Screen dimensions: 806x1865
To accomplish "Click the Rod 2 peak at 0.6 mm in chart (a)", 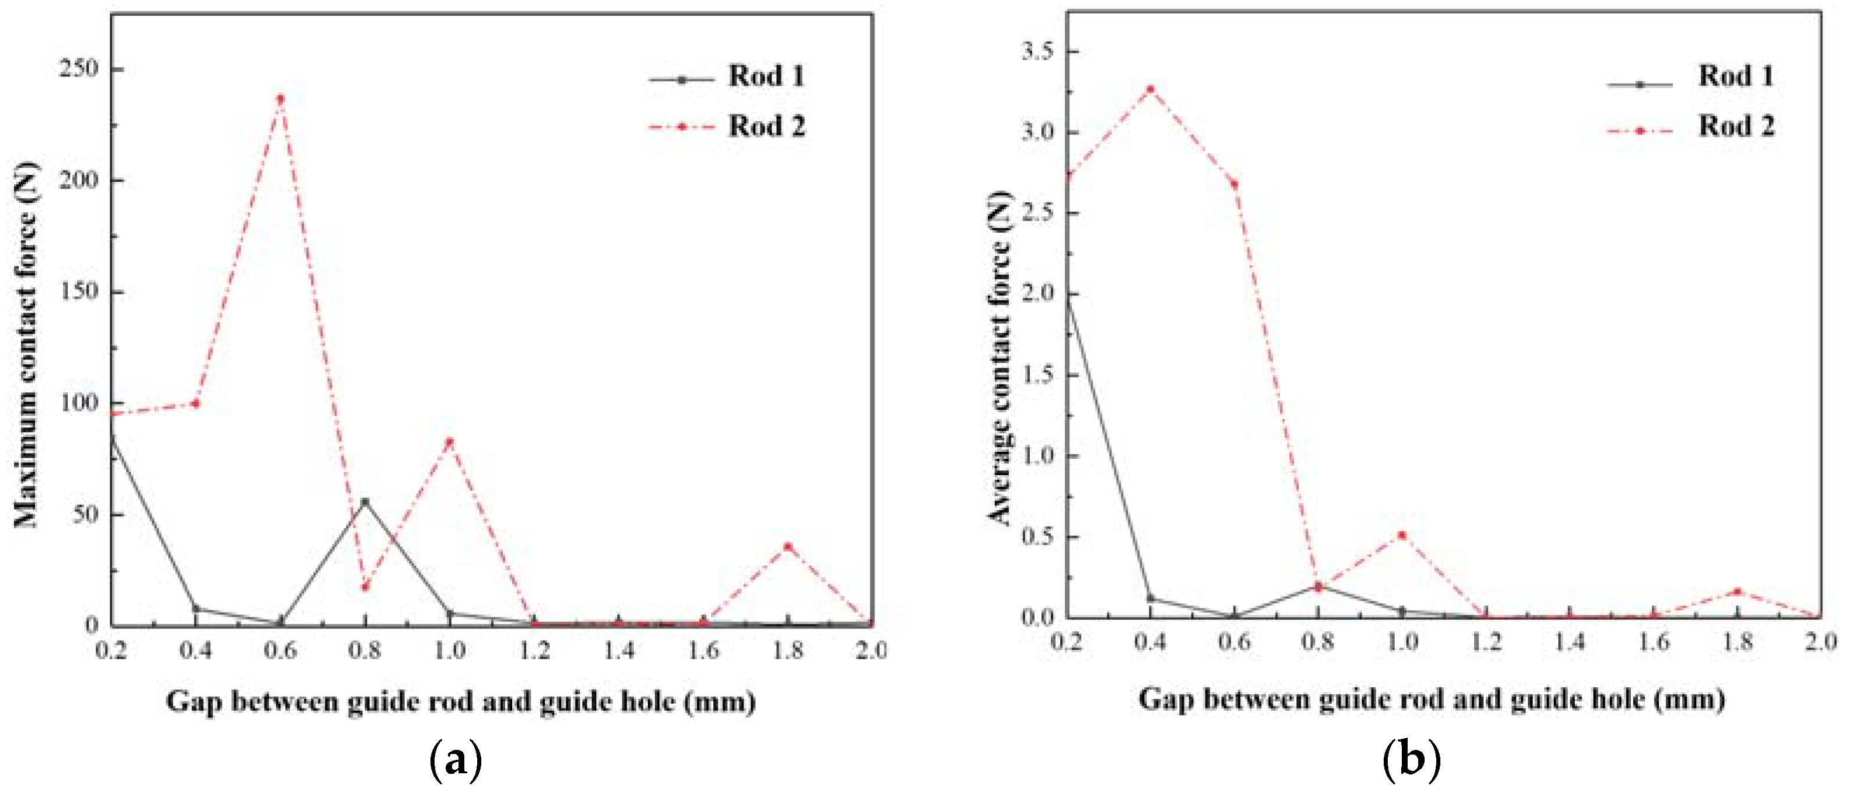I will click(x=280, y=99).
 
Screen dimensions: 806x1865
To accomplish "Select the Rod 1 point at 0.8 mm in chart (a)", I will click(x=365, y=501).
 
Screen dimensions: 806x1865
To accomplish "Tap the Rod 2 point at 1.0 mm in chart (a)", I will click(x=450, y=441).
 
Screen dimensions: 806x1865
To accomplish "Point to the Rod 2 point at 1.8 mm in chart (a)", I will click(x=788, y=546).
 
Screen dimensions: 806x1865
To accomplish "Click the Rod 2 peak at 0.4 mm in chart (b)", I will click(x=1149, y=89).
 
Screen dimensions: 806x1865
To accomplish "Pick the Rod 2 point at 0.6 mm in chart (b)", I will click(x=1234, y=184).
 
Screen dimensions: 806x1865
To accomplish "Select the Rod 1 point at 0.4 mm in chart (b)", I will click(x=1149, y=598).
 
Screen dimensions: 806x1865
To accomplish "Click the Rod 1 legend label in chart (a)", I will click(x=766, y=76).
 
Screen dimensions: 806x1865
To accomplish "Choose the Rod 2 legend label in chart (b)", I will click(x=1736, y=126).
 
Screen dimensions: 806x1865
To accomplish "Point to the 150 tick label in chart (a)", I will click(x=79, y=291).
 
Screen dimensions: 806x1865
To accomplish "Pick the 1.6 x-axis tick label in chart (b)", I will click(x=1654, y=641).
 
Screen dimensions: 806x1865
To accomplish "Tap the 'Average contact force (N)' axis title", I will click(x=999, y=358).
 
